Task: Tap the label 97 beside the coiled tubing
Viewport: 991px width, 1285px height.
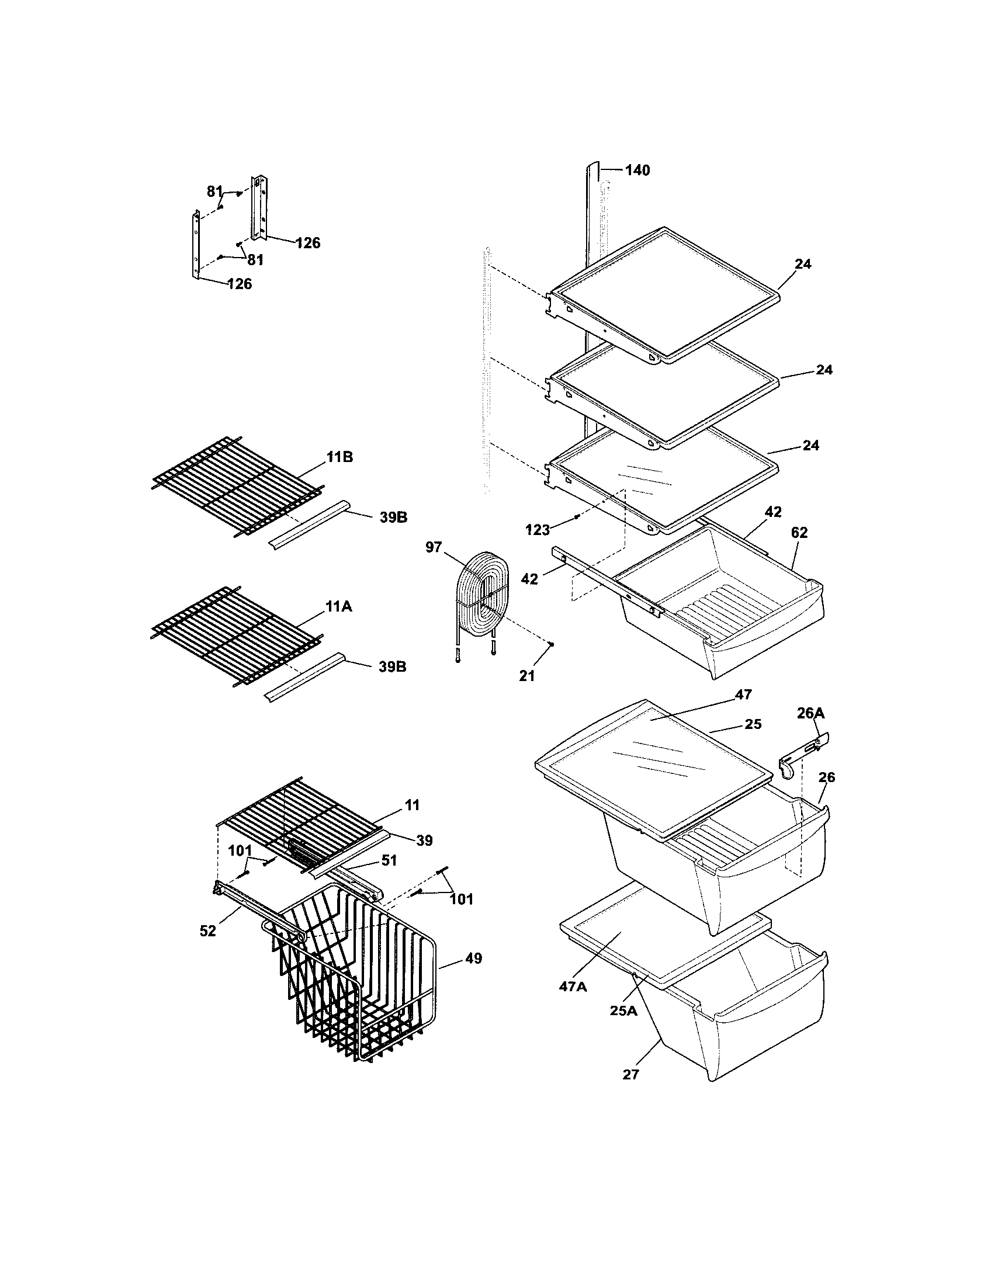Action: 433,547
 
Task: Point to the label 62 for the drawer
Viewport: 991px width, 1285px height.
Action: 799,533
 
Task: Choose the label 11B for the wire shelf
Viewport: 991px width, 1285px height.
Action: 339,457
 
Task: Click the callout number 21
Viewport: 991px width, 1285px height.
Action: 526,676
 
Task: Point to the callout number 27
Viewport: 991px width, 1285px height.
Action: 630,1074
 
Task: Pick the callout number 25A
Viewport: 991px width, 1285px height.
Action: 623,1010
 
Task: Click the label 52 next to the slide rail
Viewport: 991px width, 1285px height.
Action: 208,932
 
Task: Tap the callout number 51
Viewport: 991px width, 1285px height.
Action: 389,860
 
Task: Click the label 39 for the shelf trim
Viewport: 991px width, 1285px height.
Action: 424,841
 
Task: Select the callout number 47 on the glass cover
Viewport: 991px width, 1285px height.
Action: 743,694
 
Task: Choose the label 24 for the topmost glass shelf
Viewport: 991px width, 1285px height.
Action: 803,264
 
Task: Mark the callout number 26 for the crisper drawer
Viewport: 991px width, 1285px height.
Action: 827,777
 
